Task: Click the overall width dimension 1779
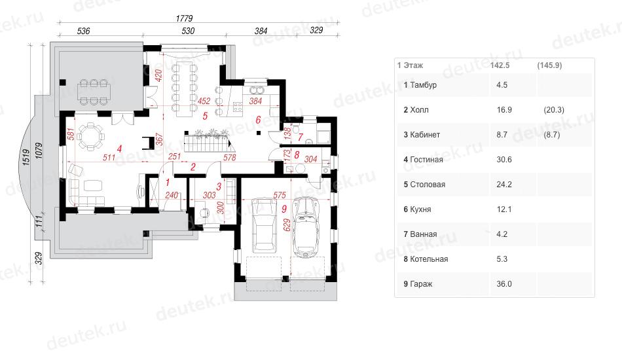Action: click(x=184, y=18)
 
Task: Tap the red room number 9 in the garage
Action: click(x=284, y=209)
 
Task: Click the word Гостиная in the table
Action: click(x=426, y=160)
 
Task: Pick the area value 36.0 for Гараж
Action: click(x=504, y=284)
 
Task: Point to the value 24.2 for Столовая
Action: click(x=504, y=185)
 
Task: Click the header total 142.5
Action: click(x=500, y=65)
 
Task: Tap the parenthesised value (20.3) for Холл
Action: click(x=554, y=110)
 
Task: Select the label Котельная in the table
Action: click(x=429, y=259)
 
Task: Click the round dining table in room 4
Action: click(x=91, y=136)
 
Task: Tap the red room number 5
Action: click(x=205, y=116)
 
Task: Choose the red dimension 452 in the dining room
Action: click(x=204, y=101)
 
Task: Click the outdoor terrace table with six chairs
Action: click(x=94, y=92)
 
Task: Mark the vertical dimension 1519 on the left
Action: click(x=26, y=157)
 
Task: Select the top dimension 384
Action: click(x=261, y=31)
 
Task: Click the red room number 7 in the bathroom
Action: click(x=301, y=137)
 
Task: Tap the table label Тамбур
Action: click(x=423, y=85)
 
